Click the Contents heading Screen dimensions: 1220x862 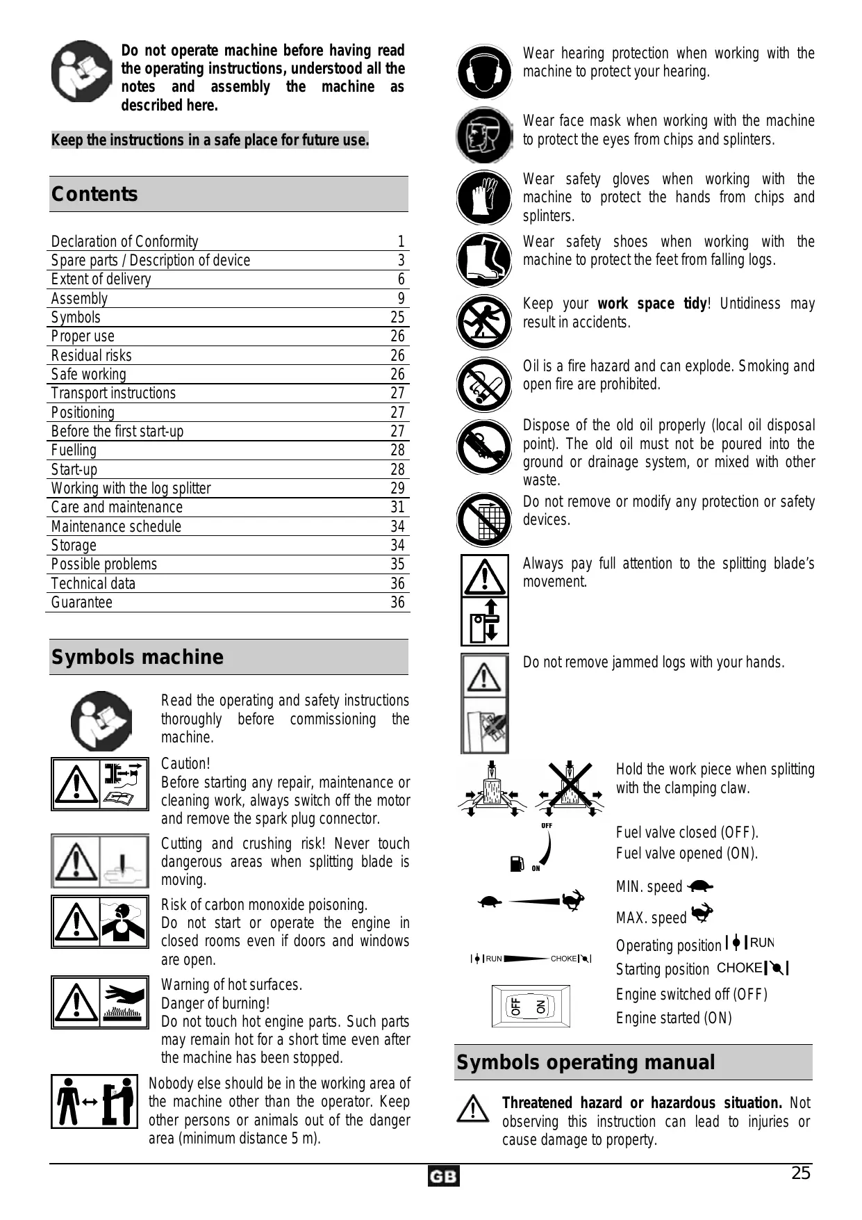pyautogui.click(x=94, y=194)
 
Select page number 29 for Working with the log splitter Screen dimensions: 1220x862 pyautogui.click(x=397, y=488)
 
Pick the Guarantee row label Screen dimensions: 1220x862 pyautogui.click(x=82, y=603)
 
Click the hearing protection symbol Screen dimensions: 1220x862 pyautogui.click(x=484, y=72)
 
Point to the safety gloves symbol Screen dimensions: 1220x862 pyautogui.click(x=484, y=197)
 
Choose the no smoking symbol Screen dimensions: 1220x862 pyautogui.click(x=484, y=384)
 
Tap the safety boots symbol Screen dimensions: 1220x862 pyautogui.click(x=484, y=259)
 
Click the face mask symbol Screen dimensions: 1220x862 pyautogui.click(x=484, y=135)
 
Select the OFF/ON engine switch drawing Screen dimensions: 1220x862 pyautogui.click(x=531, y=1006)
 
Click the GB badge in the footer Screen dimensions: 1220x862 pyautogui.click(x=443, y=1176)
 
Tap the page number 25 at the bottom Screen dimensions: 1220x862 pyautogui.click(x=801, y=1173)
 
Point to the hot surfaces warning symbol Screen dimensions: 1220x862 pyautogui.click(x=100, y=1002)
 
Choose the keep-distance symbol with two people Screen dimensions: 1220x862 pyautogui.click(x=93, y=1101)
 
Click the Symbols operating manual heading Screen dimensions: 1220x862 pyautogui.click(x=586, y=1062)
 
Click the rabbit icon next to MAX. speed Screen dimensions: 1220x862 pyautogui.click(x=702, y=913)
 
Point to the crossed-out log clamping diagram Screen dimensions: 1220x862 pyautogui.click(x=570, y=788)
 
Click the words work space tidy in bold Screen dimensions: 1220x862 pyautogui.click(x=652, y=304)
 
